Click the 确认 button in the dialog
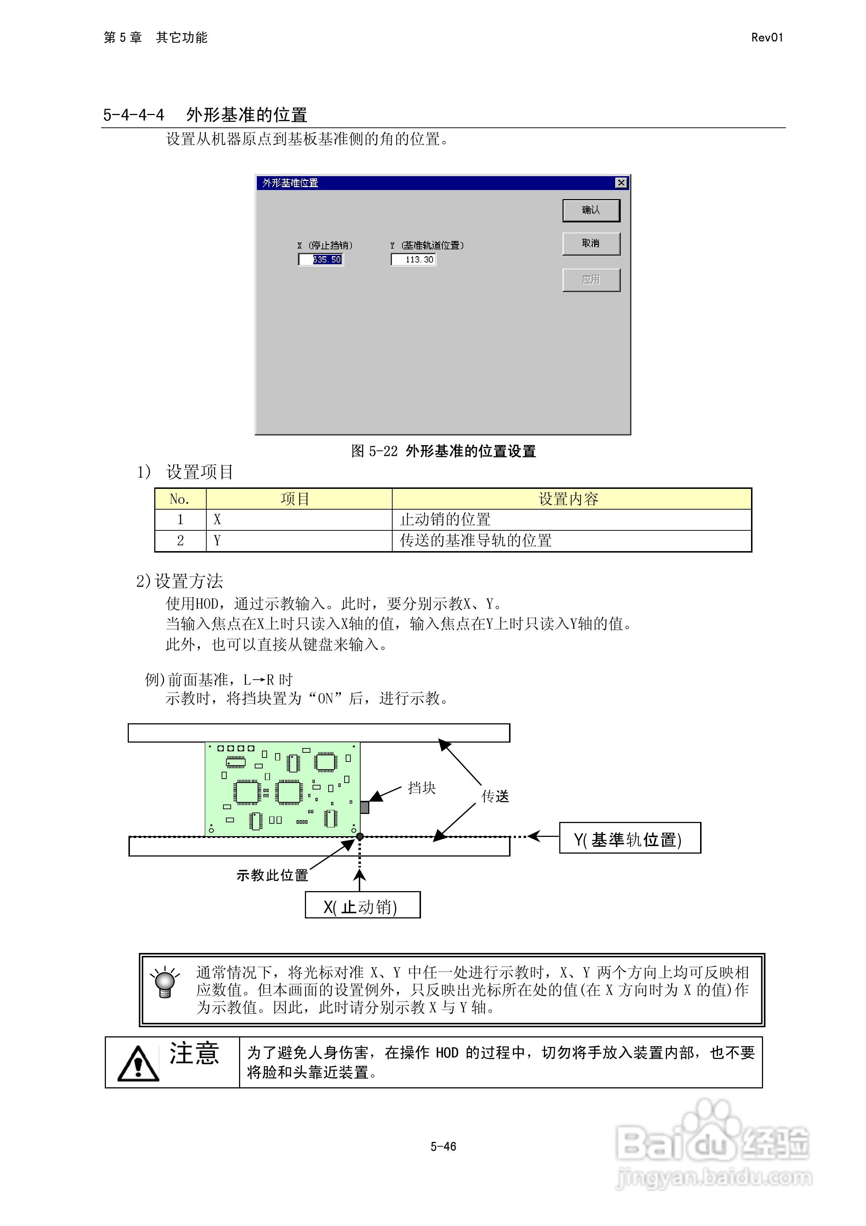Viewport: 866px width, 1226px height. [x=591, y=210]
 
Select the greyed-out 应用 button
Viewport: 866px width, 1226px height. [x=591, y=280]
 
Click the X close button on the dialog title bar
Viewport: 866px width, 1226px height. [x=621, y=183]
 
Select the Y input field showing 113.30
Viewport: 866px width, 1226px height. [x=414, y=260]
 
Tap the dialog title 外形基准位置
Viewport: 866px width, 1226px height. [x=290, y=183]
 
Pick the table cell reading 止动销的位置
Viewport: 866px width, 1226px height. [x=445, y=519]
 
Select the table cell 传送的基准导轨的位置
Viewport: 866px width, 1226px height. [x=476, y=541]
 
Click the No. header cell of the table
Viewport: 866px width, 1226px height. [x=180, y=499]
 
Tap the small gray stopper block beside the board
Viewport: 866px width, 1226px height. [x=365, y=807]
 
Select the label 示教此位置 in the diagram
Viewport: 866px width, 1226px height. [x=272, y=875]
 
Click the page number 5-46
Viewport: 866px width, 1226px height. [x=443, y=1146]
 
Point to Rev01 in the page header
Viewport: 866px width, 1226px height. [x=767, y=37]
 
